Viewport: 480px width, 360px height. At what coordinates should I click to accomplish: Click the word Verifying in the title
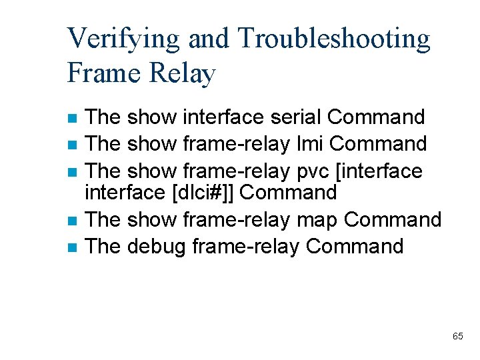pos(123,39)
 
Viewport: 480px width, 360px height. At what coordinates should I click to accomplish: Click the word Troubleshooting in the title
pos(333,39)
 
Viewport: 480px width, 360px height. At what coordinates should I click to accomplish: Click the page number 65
pos(457,336)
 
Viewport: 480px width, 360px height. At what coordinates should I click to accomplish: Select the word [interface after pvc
pos(379,171)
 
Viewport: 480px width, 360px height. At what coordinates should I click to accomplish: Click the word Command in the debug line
pos(355,246)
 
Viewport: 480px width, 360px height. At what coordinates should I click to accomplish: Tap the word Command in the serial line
pos(376,117)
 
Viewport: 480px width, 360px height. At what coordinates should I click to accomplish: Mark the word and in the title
pos(208,39)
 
